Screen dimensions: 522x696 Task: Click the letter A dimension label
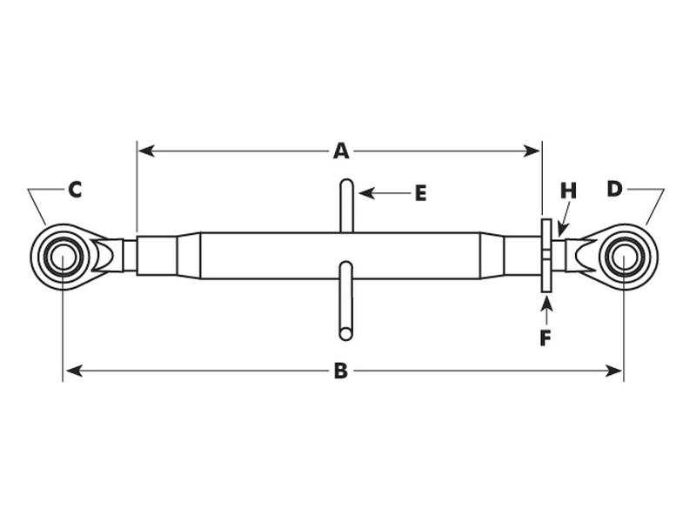click(x=341, y=151)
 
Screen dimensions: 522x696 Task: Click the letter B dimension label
click(x=341, y=371)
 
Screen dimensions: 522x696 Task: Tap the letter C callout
click(x=75, y=189)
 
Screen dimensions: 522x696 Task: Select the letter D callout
click(x=614, y=189)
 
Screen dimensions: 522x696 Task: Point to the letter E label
click(x=420, y=193)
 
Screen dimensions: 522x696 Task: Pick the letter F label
click(x=545, y=338)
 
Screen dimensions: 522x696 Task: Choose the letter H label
click(x=568, y=191)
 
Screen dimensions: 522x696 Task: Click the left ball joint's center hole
click(x=63, y=257)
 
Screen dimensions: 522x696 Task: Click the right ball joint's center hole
click(x=624, y=257)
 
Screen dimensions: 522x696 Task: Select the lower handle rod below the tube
click(x=346, y=300)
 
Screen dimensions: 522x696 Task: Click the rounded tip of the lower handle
click(x=346, y=333)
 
